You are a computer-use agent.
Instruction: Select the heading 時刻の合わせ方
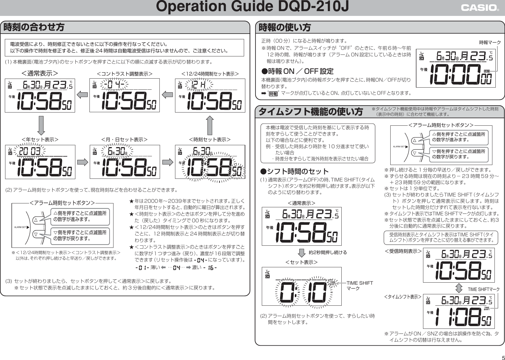[34, 27]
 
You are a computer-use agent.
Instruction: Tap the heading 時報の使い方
[285, 27]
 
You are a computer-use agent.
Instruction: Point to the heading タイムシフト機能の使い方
[310, 112]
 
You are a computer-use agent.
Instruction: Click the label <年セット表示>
[40, 139]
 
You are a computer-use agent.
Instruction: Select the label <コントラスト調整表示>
[124, 73]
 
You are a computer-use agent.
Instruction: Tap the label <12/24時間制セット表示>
[210, 73]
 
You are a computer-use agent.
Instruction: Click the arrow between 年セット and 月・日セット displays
[82, 162]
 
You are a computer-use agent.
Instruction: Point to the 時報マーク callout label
[490, 43]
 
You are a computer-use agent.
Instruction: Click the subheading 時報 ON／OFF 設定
[298, 71]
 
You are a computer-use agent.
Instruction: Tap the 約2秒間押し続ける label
[328, 252]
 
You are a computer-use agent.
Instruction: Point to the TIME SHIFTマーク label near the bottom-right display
[484, 289]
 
